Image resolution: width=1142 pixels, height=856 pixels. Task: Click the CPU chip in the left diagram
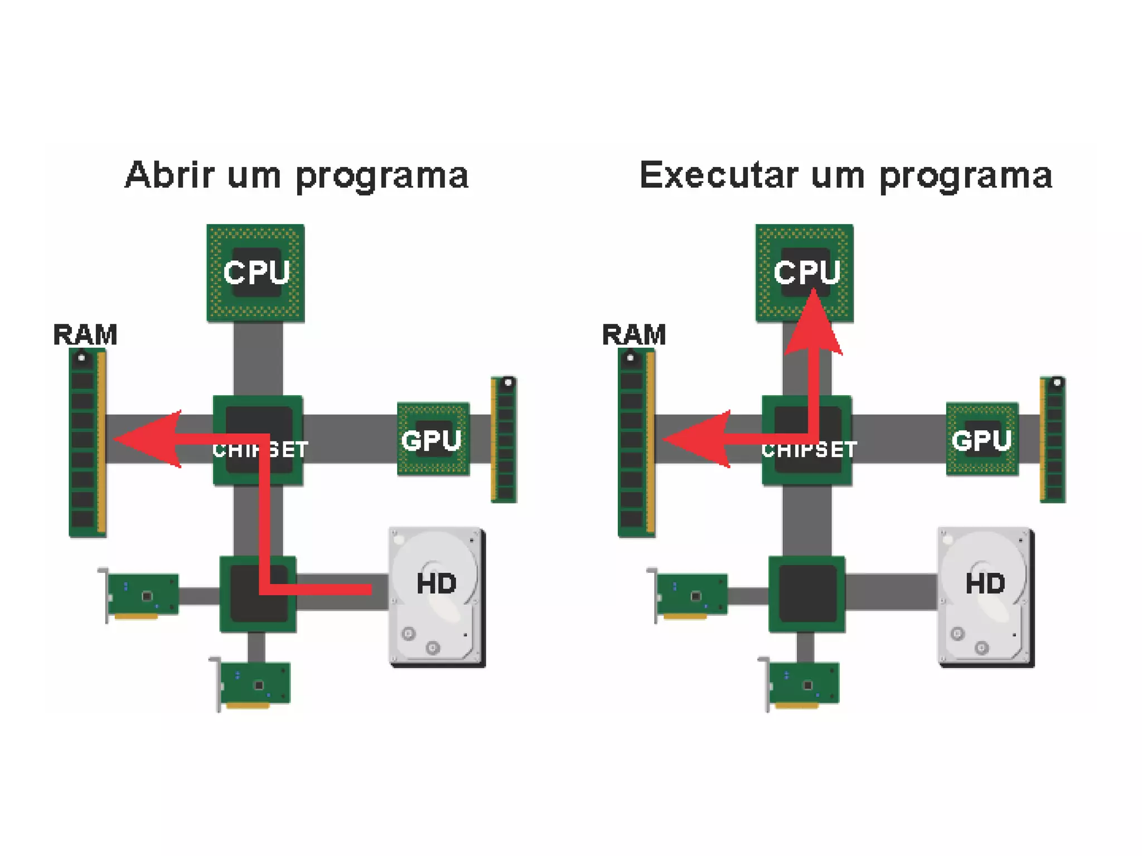pos(255,273)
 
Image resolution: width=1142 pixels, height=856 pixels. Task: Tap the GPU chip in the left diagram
pos(433,439)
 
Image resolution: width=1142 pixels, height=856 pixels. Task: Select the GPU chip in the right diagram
pos(982,439)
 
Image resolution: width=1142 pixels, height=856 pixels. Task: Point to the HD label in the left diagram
pos(436,583)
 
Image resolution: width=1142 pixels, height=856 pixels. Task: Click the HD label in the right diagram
pos(985,583)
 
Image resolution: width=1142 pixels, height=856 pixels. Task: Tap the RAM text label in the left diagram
pos(85,335)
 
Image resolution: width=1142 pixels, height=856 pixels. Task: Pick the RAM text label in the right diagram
pos(634,335)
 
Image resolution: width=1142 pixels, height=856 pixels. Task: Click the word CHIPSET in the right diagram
pos(809,450)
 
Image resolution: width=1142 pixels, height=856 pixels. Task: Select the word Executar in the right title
pos(719,176)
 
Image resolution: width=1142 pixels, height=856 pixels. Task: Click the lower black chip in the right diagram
pos(807,594)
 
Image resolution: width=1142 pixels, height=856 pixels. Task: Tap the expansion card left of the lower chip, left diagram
pos(142,595)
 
